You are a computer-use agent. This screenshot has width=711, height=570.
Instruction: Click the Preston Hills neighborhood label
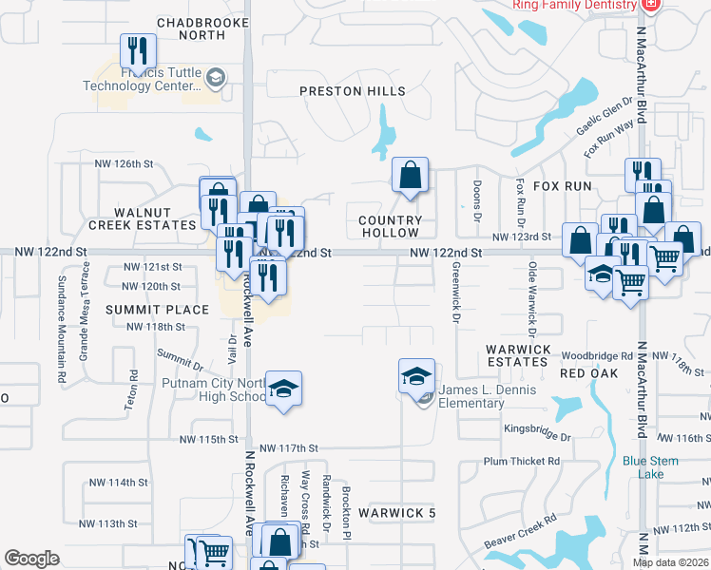pos(353,91)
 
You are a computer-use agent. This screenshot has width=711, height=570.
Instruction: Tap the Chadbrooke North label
pos(190,28)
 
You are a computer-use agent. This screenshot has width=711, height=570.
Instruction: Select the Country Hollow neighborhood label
pos(390,226)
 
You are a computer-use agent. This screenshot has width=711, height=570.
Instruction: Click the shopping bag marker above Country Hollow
pos(410,176)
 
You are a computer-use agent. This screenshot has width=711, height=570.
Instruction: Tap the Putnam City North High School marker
pos(283,389)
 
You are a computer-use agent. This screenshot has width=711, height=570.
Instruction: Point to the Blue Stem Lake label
pos(650,467)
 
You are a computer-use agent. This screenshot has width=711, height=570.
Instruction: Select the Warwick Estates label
pos(518,355)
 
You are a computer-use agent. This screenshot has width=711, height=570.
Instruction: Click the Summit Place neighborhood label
pos(157,310)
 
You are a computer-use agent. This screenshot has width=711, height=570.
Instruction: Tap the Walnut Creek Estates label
pos(142,218)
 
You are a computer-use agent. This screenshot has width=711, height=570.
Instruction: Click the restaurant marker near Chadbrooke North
pos(139,51)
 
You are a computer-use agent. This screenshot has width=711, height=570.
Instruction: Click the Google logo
pos(31,559)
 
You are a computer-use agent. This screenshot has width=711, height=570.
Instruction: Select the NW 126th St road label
pos(124,163)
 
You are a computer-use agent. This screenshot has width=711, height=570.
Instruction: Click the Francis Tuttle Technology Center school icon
pos(216,78)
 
